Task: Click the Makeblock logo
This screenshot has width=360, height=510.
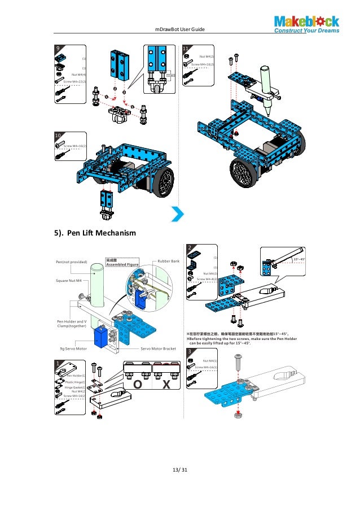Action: click(307, 24)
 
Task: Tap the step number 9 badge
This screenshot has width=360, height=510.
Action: click(57, 49)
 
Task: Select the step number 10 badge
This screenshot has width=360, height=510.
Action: click(58, 136)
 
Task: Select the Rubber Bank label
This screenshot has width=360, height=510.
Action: click(168, 261)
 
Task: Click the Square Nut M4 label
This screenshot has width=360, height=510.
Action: click(69, 280)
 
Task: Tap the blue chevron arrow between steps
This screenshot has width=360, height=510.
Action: click(178, 214)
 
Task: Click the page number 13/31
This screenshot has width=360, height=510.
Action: click(181, 468)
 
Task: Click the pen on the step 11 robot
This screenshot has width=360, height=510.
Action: click(266, 84)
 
